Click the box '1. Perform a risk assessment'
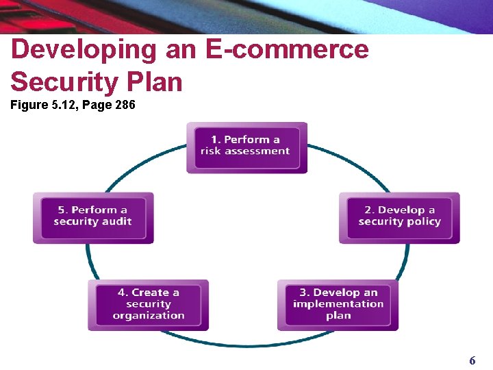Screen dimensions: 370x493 coord(246,147)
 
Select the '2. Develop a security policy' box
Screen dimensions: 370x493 coord(399,217)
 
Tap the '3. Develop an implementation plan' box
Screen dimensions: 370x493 coord(338,304)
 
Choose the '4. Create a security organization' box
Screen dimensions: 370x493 coord(148,304)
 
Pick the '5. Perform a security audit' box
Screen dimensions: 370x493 coord(93,217)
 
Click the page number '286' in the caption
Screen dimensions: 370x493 coord(125,105)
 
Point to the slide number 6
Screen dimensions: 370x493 coord(472,360)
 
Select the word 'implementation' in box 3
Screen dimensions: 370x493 coord(338,304)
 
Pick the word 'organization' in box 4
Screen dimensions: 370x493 coord(149,316)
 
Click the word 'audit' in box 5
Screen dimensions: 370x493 coord(117,222)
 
